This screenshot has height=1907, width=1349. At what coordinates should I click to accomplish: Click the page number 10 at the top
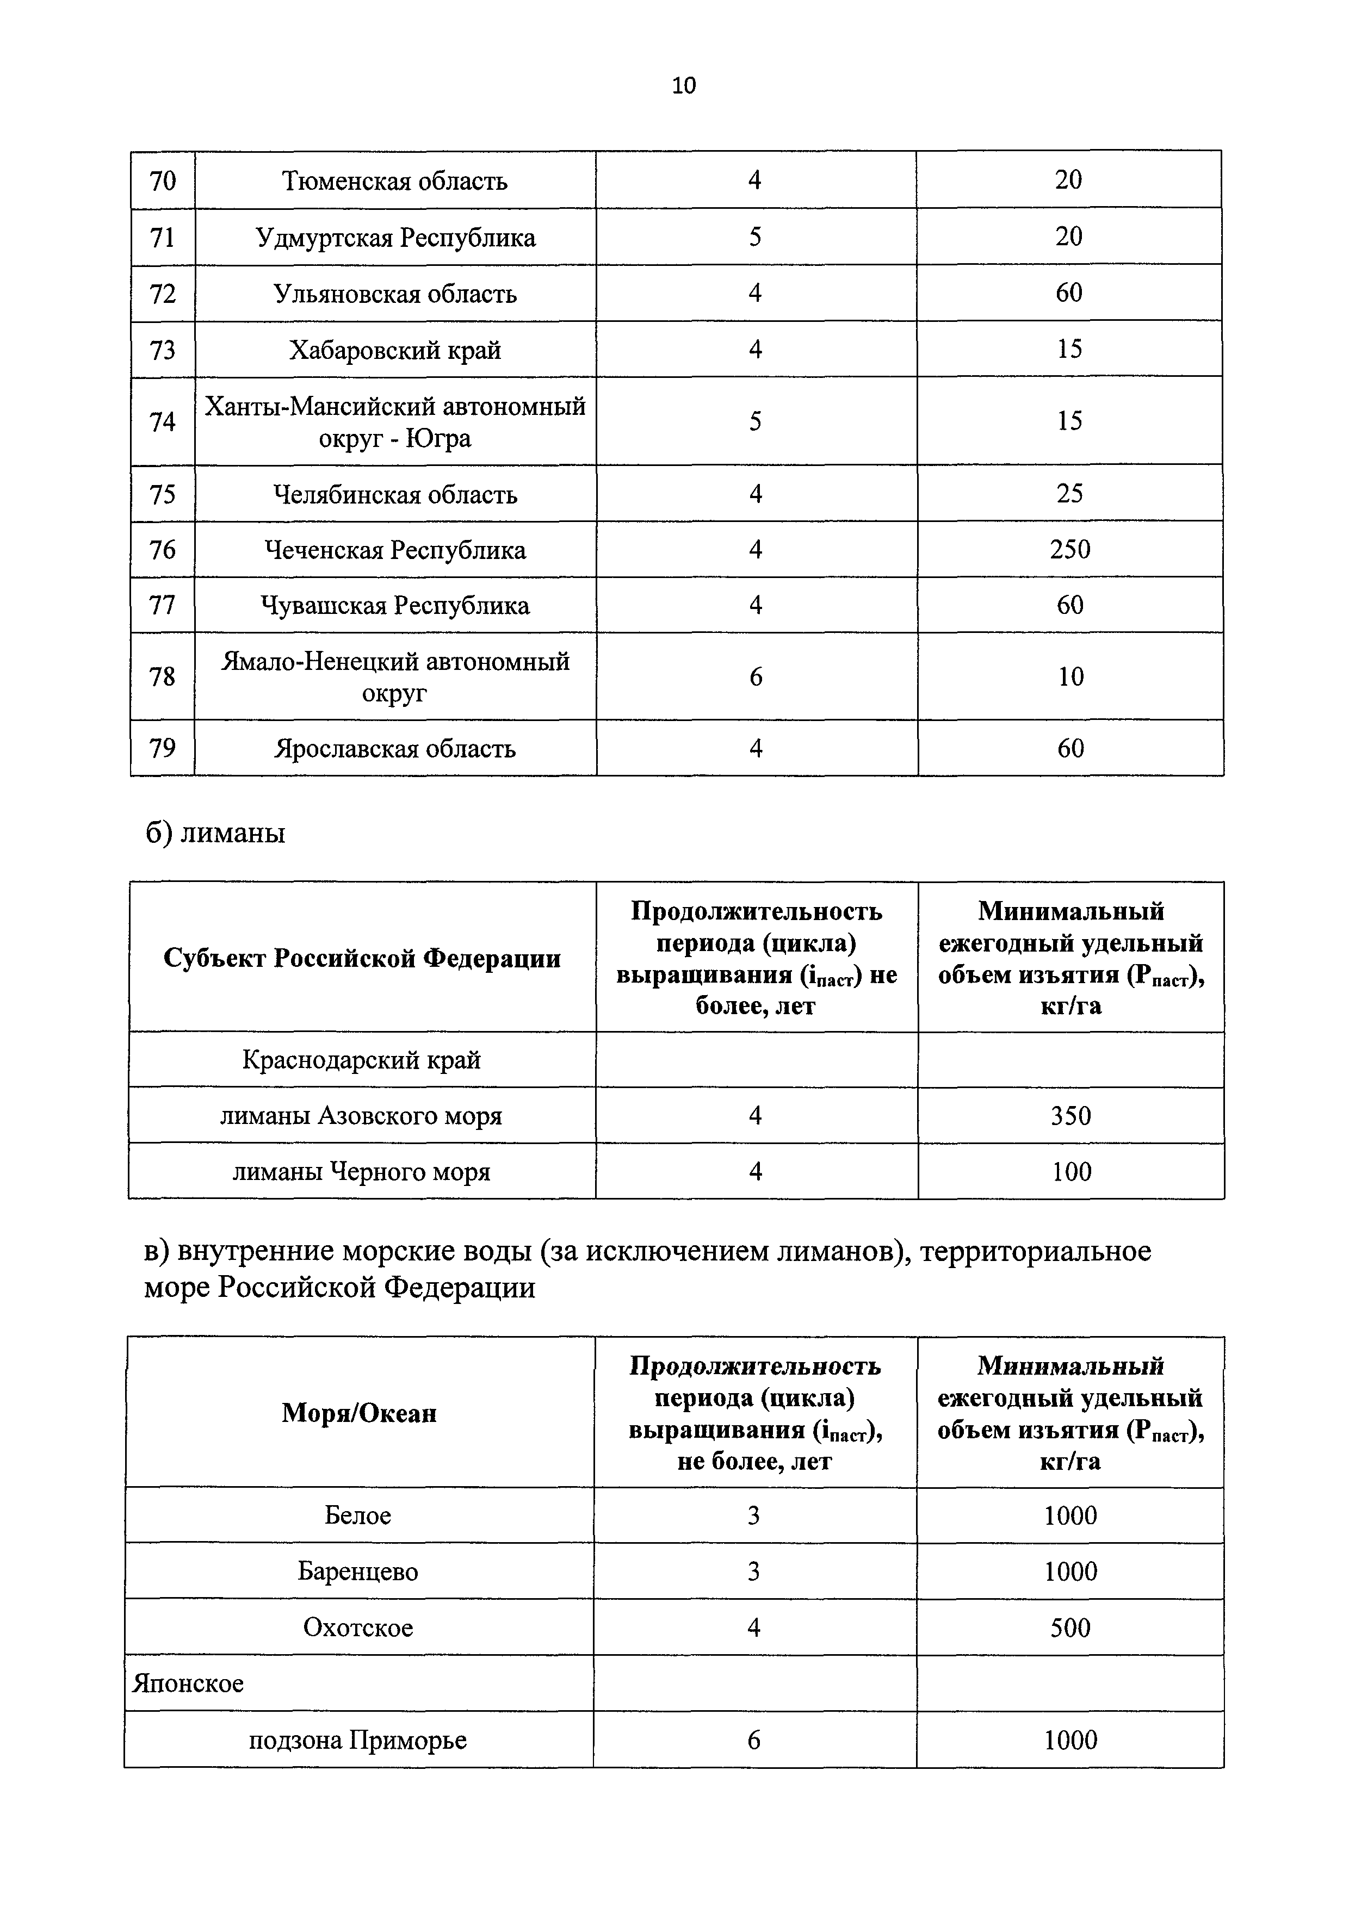pos(684,85)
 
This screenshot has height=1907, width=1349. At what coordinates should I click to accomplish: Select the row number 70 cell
pos(163,180)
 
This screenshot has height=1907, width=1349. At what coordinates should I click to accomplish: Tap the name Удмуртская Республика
pos(395,238)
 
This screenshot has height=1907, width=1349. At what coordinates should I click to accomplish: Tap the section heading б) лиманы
pos(215,832)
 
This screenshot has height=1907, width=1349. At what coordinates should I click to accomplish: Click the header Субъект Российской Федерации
pos(362,959)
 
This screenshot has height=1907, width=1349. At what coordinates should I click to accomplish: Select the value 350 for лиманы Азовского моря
pos(1070,1115)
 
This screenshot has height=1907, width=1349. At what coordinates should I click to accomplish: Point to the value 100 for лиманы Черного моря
pos(1070,1172)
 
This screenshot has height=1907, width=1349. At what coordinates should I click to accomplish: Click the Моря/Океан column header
pos(359,1413)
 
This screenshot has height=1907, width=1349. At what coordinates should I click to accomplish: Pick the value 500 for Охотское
pos(1070,1627)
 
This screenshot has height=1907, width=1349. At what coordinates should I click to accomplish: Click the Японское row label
pos(189,1684)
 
